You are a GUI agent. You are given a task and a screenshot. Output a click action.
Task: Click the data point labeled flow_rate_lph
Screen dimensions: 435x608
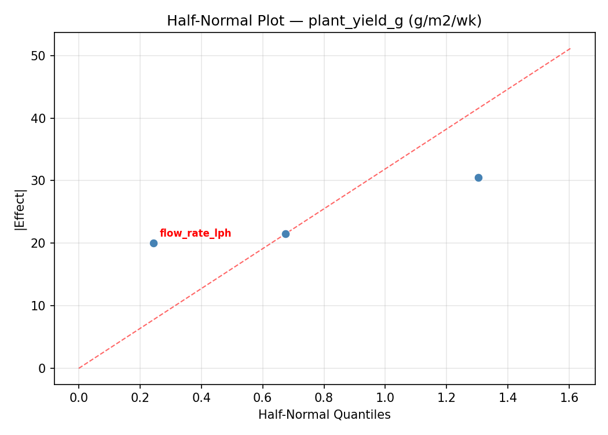[x=153, y=243]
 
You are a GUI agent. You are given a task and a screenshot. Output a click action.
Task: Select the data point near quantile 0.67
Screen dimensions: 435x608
[x=285, y=234]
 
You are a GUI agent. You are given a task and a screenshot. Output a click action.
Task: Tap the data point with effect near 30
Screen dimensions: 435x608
[x=478, y=177]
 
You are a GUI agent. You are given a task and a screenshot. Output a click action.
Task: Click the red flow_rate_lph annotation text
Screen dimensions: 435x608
[x=195, y=233]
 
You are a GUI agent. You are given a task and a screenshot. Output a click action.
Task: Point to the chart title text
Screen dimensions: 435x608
[x=324, y=21]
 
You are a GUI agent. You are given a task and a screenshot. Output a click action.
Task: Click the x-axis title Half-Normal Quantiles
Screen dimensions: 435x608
[x=324, y=415]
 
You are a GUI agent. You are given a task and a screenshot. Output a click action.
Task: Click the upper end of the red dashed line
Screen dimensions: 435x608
[x=570, y=48]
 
